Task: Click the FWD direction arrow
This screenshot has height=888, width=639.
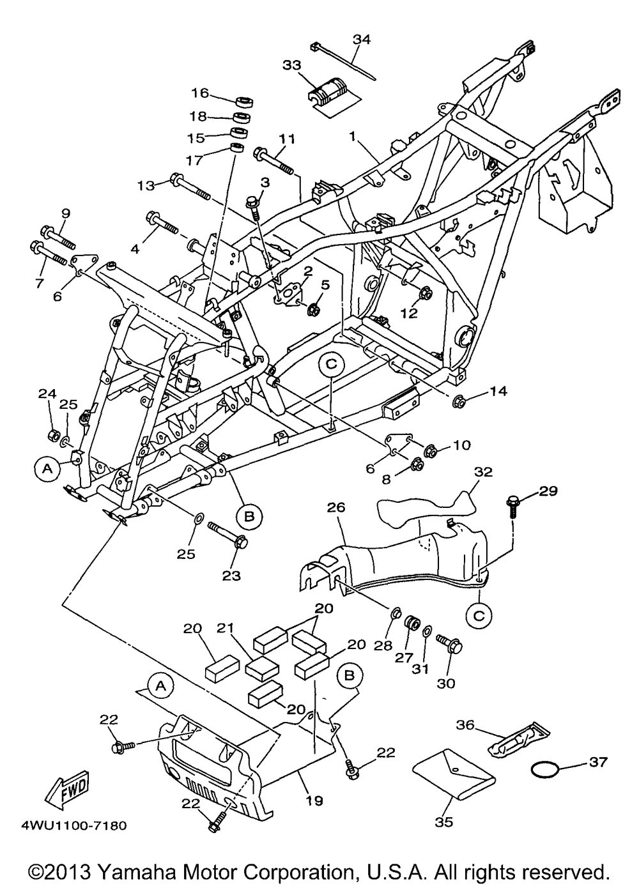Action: click(x=66, y=788)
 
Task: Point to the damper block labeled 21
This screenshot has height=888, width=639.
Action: click(x=260, y=667)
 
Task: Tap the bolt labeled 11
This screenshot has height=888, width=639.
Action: click(x=275, y=162)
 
